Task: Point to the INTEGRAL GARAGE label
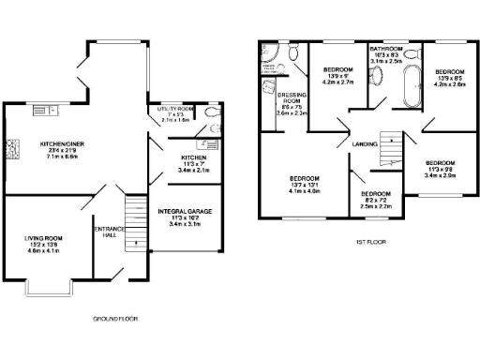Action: pyautogui.click(x=184, y=212)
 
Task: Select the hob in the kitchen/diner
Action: pyautogui.click(x=13, y=147)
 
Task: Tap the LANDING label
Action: pyautogui.click(x=365, y=143)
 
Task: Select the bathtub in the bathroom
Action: pyautogui.click(x=411, y=94)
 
